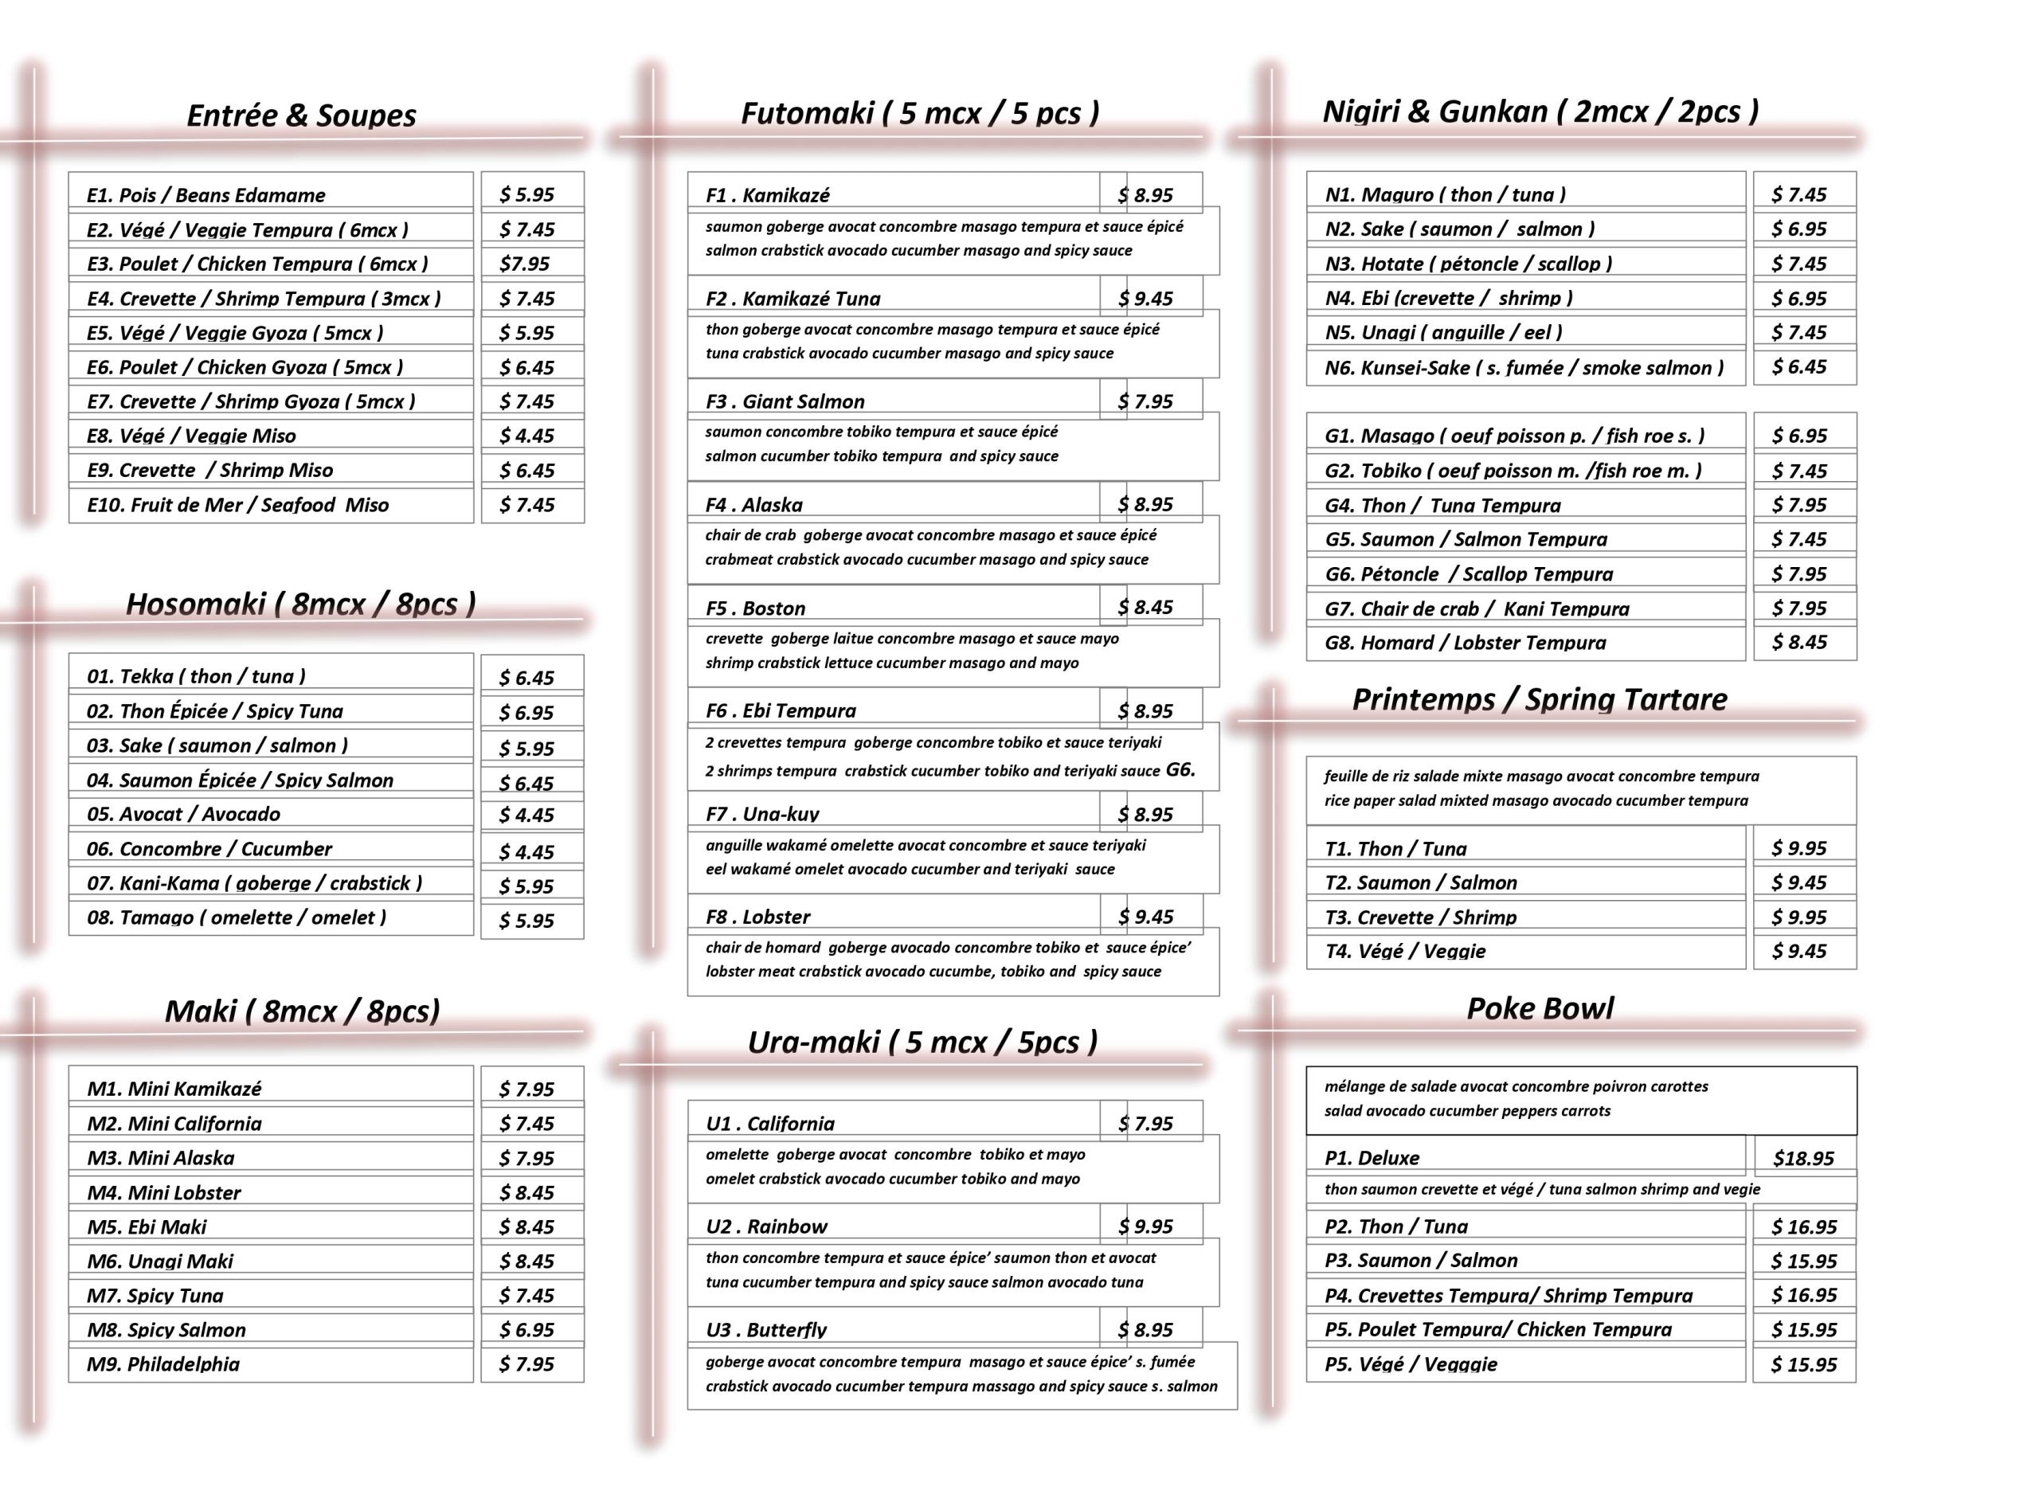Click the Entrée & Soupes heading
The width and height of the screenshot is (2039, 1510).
click(301, 116)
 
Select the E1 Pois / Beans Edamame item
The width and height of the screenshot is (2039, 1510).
click(205, 194)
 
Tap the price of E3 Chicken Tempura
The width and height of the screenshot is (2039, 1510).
click(525, 264)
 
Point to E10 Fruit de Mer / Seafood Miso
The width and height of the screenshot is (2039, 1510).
click(237, 505)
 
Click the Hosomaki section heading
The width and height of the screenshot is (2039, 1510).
click(301, 604)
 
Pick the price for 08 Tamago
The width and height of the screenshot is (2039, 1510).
click(526, 921)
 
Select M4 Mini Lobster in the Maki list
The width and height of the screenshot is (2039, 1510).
click(165, 1192)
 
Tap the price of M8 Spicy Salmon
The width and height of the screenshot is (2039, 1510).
click(526, 1330)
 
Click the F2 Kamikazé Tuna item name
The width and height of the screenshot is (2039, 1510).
click(793, 298)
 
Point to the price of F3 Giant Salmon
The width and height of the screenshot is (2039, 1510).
click(1145, 401)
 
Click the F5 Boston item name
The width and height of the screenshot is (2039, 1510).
click(755, 608)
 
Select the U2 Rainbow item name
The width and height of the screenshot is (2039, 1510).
click(766, 1226)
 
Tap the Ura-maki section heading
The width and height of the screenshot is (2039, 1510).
click(922, 1042)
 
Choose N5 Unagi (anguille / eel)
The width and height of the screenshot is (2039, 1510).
click(1443, 332)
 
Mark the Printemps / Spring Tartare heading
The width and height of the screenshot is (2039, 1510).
click(1539, 700)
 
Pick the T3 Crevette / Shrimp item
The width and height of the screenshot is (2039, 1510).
click(1420, 917)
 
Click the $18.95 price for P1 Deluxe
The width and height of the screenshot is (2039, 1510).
click(1802, 1159)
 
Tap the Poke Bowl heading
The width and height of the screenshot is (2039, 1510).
click(1540, 1008)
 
